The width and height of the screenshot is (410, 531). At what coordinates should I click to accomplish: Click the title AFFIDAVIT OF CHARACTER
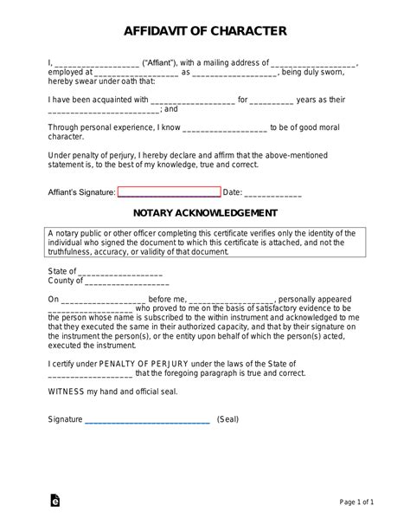[x=205, y=32]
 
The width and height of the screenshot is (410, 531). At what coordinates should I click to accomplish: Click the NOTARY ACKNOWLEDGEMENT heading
[x=205, y=212]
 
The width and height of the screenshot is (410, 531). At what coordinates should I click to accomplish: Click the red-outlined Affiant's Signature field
[x=169, y=192]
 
